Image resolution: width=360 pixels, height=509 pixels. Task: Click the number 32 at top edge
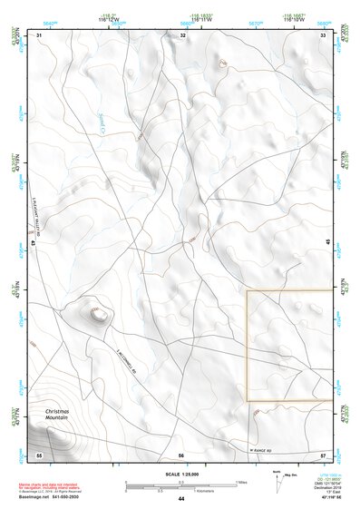coord(182,34)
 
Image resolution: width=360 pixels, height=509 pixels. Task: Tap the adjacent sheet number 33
coord(324,34)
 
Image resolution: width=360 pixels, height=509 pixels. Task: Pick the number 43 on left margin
coord(33,243)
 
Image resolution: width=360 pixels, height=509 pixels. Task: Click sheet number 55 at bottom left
coord(39,454)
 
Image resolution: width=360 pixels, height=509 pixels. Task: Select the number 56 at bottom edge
coord(181,455)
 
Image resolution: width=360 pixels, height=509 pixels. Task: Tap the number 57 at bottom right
coord(323,454)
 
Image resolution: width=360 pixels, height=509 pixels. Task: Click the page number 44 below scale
coord(181,499)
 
